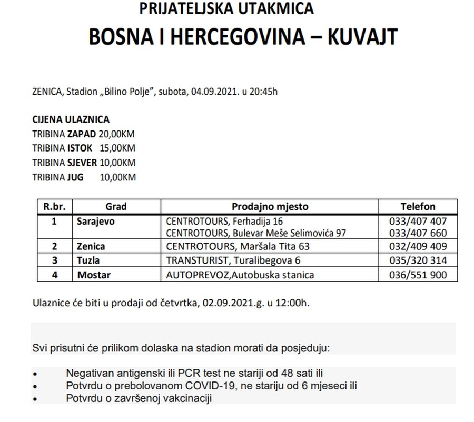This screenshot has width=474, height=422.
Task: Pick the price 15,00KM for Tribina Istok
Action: [x=118, y=148]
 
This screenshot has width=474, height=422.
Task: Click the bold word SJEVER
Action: [x=82, y=163]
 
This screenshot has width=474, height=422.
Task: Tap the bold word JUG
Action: [x=75, y=177]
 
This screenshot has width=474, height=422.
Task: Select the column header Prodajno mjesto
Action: [x=270, y=207]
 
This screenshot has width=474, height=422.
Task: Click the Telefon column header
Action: [x=418, y=207]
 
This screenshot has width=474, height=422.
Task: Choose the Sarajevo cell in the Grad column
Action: [x=96, y=222]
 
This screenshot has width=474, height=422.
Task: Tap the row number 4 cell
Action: [x=54, y=275]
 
